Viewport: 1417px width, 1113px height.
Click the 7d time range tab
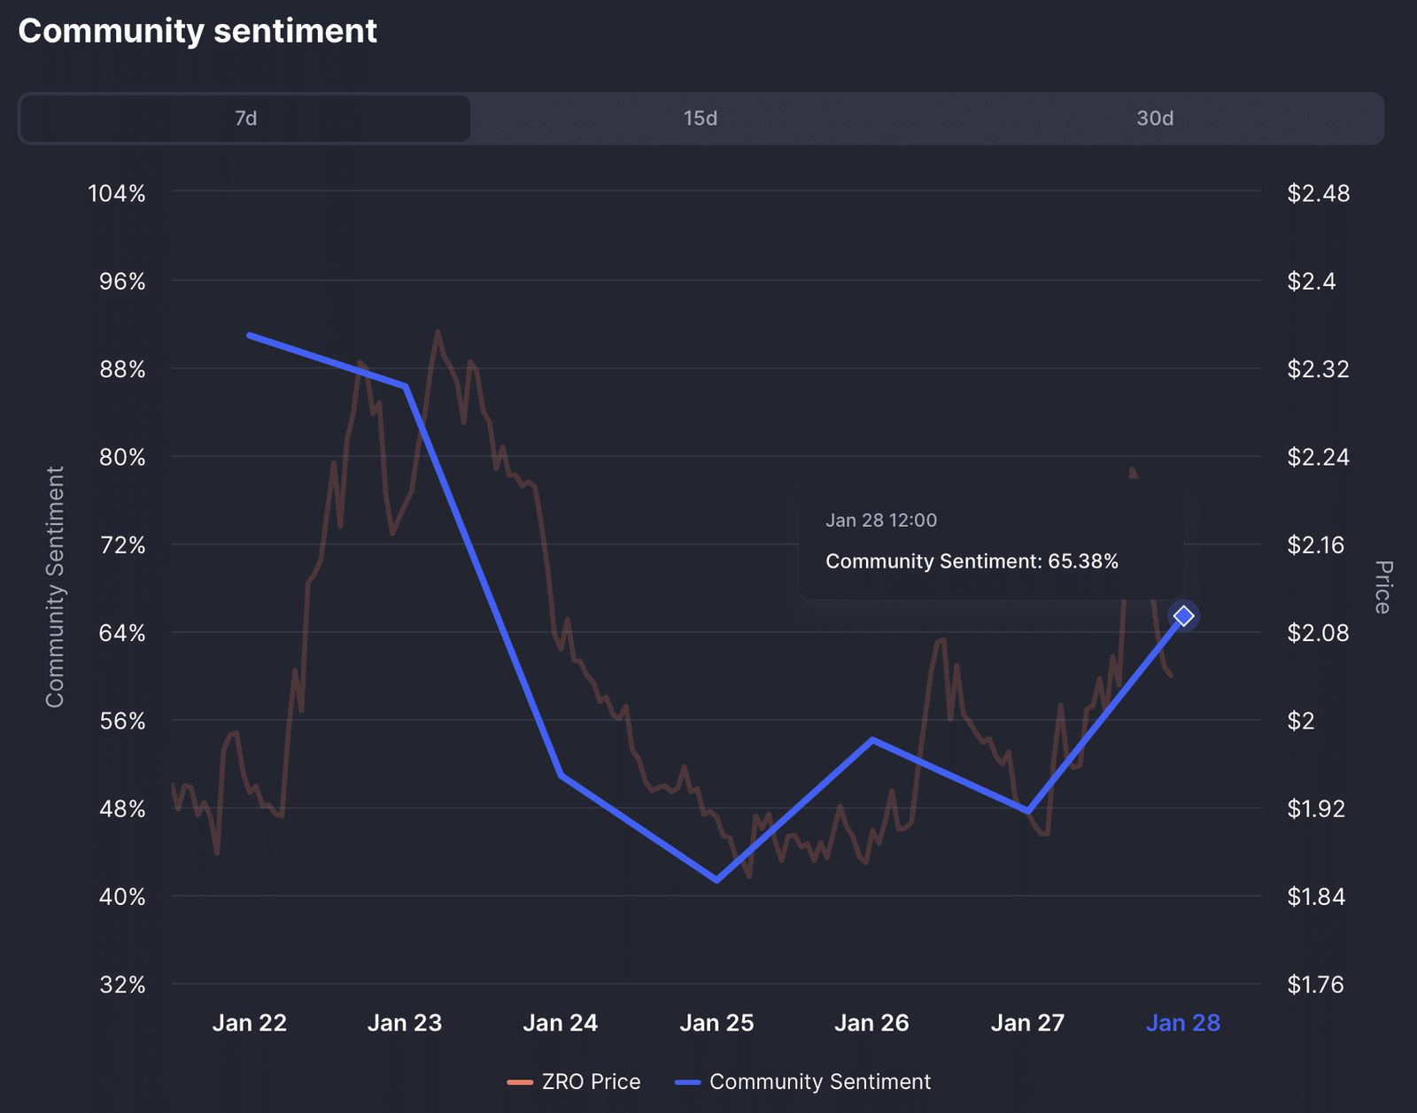(x=245, y=119)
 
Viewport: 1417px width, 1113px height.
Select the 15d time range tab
(x=700, y=119)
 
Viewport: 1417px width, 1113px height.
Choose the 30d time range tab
(x=1155, y=119)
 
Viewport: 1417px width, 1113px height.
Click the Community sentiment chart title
(x=197, y=31)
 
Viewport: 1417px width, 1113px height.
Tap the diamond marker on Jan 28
(x=1183, y=615)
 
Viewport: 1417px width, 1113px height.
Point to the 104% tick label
(x=117, y=193)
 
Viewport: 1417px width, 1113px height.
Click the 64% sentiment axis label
(x=122, y=633)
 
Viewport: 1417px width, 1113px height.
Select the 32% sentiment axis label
(x=122, y=985)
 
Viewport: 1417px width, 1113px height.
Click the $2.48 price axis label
(x=1318, y=193)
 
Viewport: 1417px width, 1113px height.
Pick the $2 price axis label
(x=1301, y=721)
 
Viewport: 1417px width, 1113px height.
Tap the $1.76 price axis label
(x=1315, y=985)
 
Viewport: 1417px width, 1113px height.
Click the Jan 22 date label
(x=250, y=1024)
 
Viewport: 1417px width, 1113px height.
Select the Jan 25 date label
(x=716, y=1024)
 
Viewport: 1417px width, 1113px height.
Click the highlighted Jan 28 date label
(x=1183, y=1024)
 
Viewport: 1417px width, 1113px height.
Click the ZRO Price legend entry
(x=574, y=1082)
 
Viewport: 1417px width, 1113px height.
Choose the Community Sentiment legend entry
(x=802, y=1082)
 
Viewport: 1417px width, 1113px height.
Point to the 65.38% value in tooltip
(x=1083, y=561)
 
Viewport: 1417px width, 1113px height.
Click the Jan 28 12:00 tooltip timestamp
(x=881, y=521)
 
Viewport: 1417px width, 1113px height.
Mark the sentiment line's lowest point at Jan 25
(x=716, y=880)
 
